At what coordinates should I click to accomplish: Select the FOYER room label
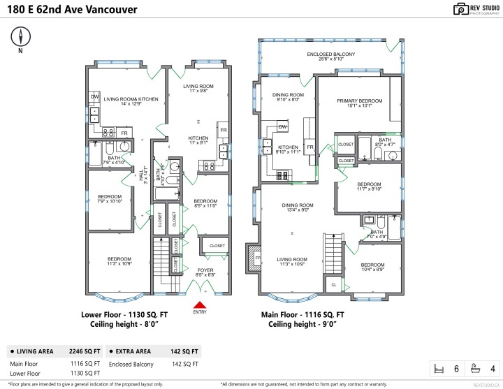[x=205, y=269]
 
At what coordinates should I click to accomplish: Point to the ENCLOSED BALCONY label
[x=330, y=54]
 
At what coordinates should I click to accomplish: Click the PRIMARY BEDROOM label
[x=360, y=101]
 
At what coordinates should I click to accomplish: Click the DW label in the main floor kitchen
[x=283, y=126]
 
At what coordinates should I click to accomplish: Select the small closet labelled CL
[x=334, y=285]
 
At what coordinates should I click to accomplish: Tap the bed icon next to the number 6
[x=439, y=368]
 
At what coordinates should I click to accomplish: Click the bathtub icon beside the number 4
[x=476, y=368]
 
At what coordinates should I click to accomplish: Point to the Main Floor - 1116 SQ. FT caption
[x=302, y=315]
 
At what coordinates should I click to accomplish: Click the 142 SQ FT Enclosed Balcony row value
[x=184, y=364]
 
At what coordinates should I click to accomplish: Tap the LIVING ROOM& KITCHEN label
[x=131, y=99]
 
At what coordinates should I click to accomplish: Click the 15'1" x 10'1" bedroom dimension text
[x=360, y=106]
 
